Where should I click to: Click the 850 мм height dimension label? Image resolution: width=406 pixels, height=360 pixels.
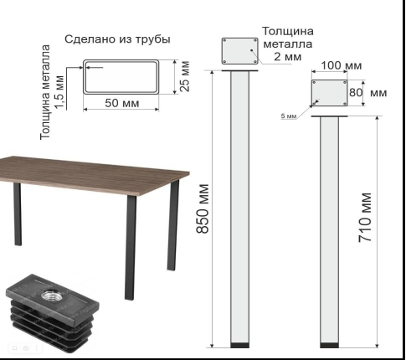(203, 208)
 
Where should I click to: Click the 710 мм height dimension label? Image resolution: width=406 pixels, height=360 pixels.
(365, 218)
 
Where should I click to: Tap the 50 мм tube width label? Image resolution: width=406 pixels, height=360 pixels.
(122, 103)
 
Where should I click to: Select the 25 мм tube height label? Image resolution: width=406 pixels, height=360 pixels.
(185, 76)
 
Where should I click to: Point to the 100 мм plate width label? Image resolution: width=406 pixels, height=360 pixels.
(342, 65)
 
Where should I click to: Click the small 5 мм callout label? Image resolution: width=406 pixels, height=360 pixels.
(289, 116)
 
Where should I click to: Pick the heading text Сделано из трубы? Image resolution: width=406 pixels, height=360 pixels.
(117, 39)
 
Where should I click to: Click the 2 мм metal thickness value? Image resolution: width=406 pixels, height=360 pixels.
(288, 57)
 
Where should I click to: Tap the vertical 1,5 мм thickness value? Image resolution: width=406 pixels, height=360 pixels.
(59, 92)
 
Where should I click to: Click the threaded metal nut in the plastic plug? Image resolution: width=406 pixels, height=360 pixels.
(51, 295)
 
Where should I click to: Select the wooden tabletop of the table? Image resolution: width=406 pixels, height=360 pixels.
(95, 175)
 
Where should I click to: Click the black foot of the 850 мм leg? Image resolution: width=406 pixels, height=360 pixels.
(239, 345)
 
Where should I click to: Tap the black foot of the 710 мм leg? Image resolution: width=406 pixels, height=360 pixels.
(329, 345)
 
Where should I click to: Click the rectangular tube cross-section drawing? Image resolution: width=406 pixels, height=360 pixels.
(121, 77)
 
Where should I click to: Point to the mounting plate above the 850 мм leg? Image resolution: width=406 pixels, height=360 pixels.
(240, 51)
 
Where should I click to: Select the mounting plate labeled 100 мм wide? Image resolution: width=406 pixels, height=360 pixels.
(330, 93)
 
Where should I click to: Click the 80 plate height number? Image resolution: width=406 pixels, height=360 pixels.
(356, 92)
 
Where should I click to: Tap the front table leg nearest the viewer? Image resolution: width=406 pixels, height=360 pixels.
(131, 247)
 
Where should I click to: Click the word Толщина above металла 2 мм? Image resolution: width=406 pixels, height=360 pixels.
(288, 31)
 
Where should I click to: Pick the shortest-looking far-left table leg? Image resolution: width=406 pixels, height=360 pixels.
(18, 214)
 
